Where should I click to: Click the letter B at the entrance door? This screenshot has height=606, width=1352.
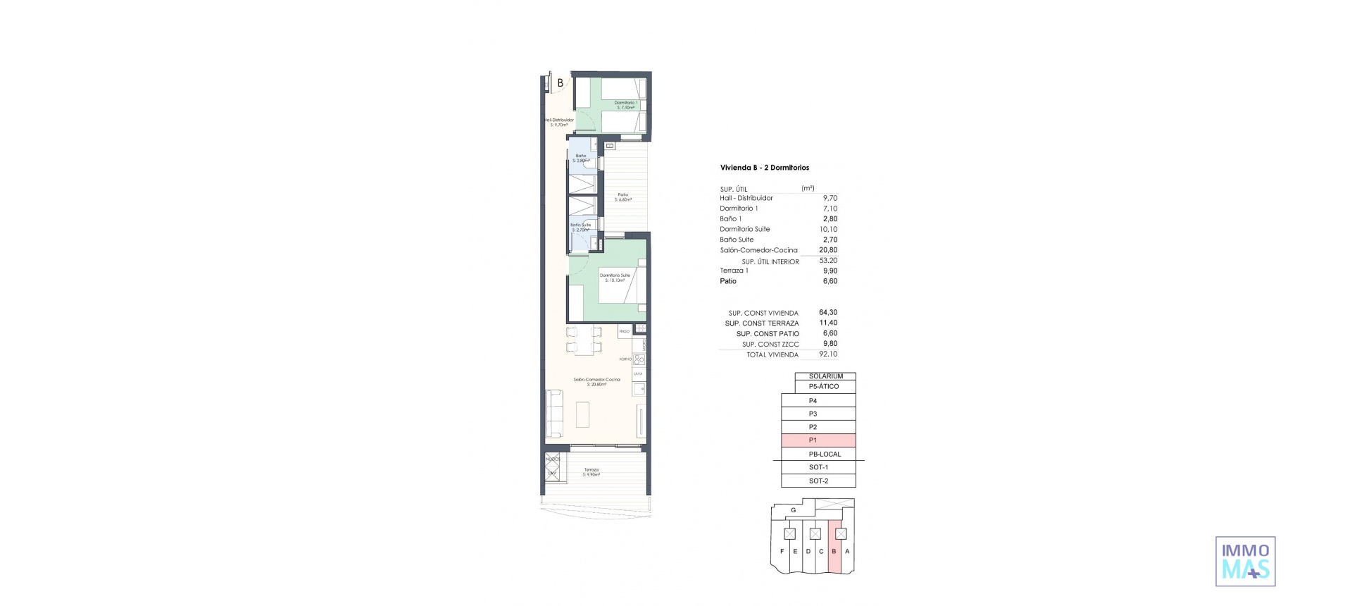(560, 82)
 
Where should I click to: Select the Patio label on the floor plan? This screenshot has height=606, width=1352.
(623, 197)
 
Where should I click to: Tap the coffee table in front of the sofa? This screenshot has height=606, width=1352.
(584, 414)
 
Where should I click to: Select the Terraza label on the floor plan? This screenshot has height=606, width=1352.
(591, 471)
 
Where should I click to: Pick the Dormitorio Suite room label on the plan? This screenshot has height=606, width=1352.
(615, 277)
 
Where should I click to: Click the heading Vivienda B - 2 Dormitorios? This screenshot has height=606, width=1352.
(764, 168)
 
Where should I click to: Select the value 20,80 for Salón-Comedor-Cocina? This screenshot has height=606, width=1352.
(829, 250)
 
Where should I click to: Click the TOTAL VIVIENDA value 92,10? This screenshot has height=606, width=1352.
(829, 354)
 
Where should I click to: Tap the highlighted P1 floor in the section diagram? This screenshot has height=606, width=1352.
(818, 440)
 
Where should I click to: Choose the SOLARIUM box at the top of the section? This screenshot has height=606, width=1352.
(825, 376)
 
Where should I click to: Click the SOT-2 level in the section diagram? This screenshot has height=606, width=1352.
(818, 481)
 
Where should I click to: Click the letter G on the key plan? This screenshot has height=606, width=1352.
(793, 509)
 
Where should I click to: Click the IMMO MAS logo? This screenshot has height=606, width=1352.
(1245, 561)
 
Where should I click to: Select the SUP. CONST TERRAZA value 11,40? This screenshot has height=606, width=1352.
(829, 323)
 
